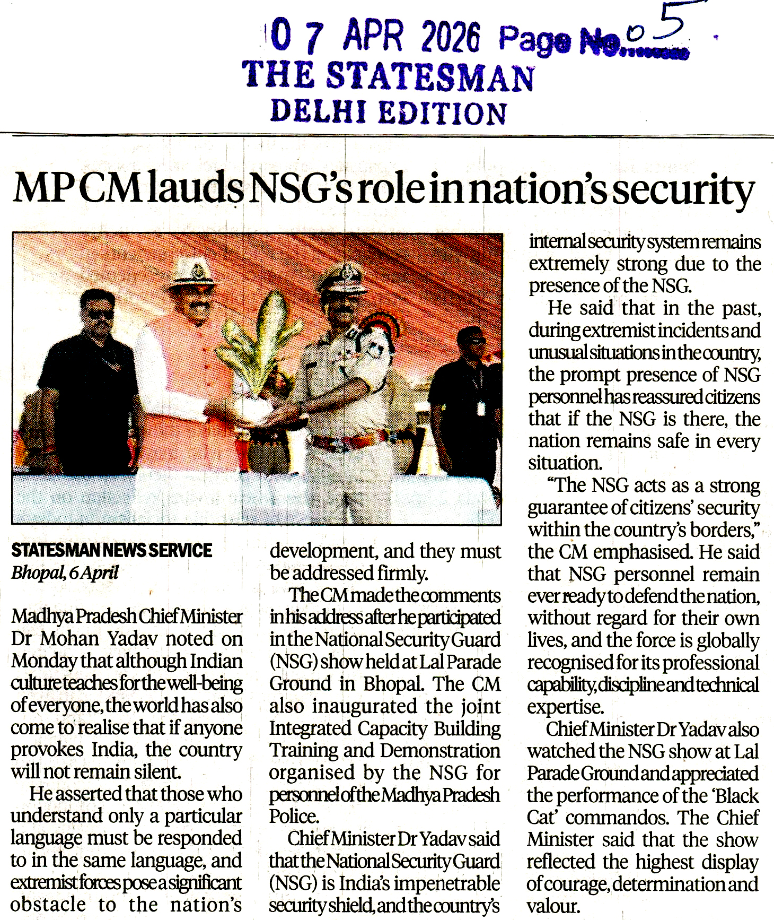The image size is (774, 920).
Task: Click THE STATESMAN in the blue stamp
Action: pyautogui.click(x=388, y=75)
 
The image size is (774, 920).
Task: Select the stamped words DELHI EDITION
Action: pyautogui.click(x=389, y=112)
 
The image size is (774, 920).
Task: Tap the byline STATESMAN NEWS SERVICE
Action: pyautogui.click(x=111, y=551)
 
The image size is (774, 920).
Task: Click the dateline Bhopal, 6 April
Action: pyautogui.click(x=65, y=573)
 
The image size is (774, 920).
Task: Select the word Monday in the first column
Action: pyautogui.click(x=46, y=661)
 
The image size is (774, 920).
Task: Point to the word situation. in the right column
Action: pyautogui.click(x=565, y=463)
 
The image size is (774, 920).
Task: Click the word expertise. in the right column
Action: pyautogui.click(x=565, y=707)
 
